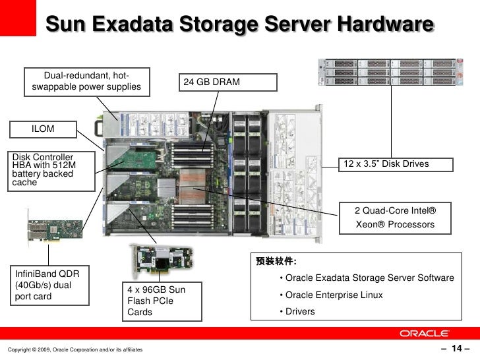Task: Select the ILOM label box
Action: point(43,129)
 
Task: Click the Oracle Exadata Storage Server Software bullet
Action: point(367,278)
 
